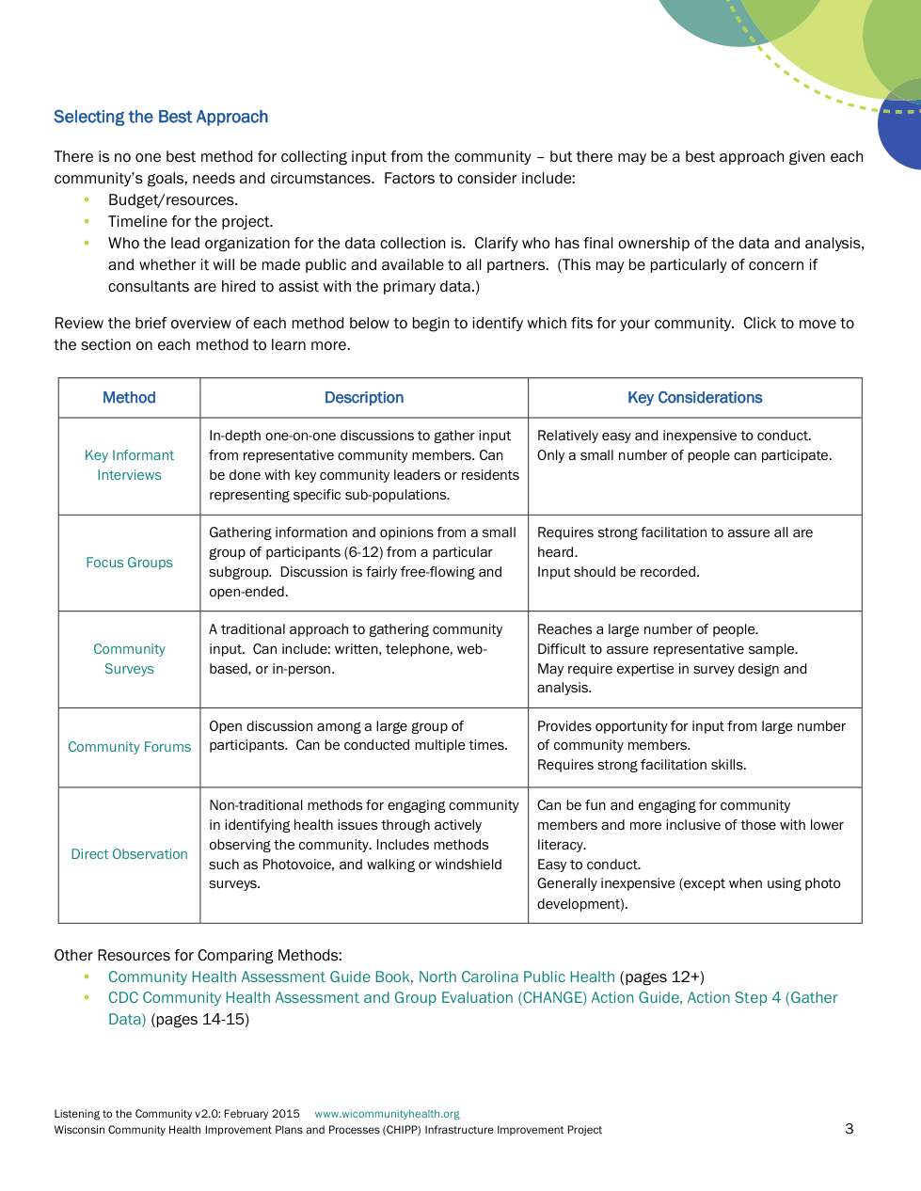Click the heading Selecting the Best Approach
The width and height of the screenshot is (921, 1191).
[x=161, y=117]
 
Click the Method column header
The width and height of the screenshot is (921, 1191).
[x=129, y=398]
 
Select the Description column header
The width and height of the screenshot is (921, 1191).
[x=364, y=398]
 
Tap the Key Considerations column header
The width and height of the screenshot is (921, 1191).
[x=694, y=398]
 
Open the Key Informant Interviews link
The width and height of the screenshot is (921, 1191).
[x=129, y=465]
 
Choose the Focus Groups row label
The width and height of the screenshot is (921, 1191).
[x=129, y=563]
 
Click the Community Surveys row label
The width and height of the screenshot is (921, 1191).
[x=129, y=659]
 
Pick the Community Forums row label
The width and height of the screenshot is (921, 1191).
[x=129, y=747]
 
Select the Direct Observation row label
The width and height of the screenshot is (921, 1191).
[x=129, y=854]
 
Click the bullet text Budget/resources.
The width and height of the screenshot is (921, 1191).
[x=173, y=200]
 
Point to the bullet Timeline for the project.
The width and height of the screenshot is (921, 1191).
[x=190, y=222]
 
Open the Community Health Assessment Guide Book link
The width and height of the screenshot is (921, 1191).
[x=361, y=977]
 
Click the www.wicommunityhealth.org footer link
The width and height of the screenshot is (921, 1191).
[x=387, y=1114]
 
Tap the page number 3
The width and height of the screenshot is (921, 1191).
[x=850, y=1129]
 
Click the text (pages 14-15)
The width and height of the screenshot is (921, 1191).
[x=200, y=1020]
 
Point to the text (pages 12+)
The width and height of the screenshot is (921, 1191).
[x=662, y=977]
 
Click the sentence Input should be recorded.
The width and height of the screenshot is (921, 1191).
[x=618, y=572]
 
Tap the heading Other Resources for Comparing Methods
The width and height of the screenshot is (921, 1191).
[x=198, y=955]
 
